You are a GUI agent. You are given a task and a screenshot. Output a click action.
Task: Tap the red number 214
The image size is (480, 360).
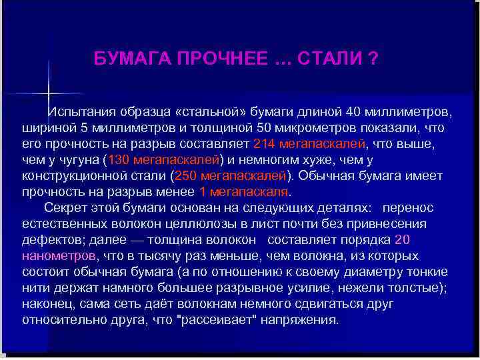click(x=265, y=143)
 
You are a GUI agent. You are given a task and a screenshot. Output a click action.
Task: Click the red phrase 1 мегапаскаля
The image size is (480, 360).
click(x=243, y=193)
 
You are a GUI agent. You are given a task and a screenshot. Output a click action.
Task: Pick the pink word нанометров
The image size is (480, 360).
click(x=59, y=257)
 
